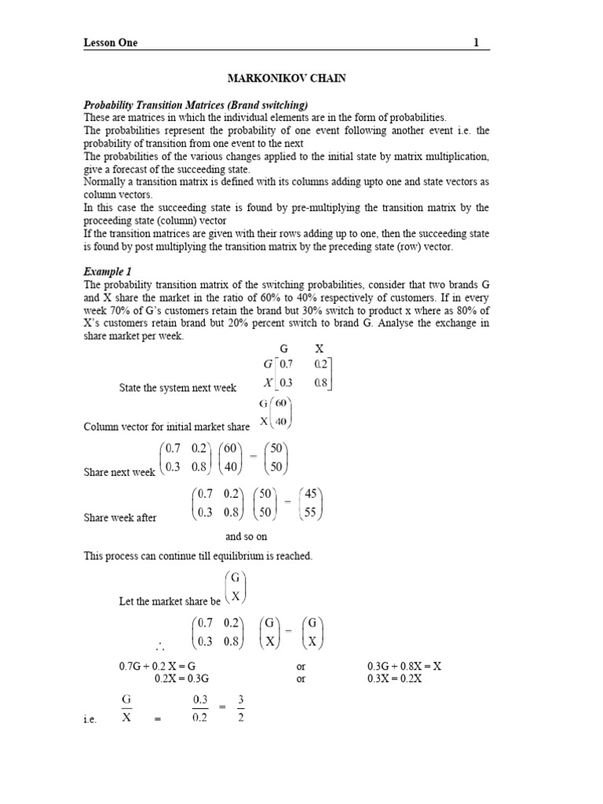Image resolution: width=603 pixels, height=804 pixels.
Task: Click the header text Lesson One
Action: click(111, 43)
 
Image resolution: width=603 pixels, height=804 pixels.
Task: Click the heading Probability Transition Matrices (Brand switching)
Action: click(196, 104)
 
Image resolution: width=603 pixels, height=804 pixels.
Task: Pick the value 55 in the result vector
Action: click(312, 514)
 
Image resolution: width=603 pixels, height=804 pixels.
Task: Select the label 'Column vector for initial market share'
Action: click(166, 427)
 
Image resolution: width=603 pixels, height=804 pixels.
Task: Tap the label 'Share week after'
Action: click(120, 518)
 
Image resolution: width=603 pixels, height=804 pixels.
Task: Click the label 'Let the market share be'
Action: click(169, 601)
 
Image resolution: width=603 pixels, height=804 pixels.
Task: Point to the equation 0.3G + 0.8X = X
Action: click(404, 667)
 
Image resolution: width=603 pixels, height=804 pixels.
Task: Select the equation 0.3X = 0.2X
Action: click(395, 678)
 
